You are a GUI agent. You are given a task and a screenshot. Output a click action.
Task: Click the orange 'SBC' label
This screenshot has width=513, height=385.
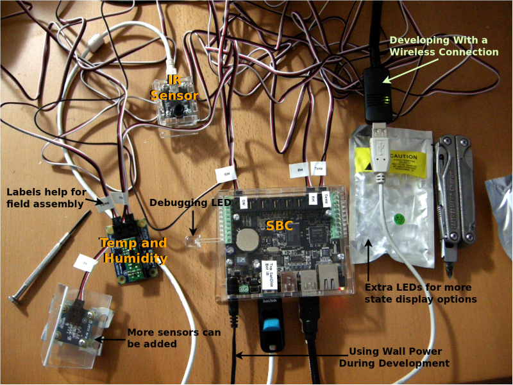click(x=280, y=226)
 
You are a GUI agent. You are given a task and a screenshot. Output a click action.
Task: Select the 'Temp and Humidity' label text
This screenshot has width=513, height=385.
click(x=133, y=251)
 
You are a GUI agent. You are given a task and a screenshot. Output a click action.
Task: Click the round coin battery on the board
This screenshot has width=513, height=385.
click(x=246, y=241)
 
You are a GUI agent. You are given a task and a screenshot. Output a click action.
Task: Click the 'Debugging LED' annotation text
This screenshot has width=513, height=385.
click(x=190, y=203)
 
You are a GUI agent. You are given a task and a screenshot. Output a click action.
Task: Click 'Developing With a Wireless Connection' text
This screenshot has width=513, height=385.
click(x=444, y=46)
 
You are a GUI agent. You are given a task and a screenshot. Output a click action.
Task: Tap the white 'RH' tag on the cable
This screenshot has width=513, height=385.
click(x=299, y=170)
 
